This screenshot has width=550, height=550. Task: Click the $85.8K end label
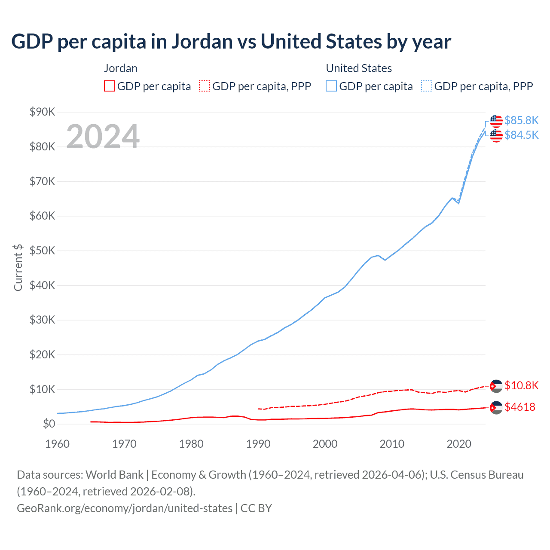[521, 120]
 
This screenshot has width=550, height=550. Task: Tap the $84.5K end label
[521, 135]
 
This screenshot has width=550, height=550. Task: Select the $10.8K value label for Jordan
[521, 385]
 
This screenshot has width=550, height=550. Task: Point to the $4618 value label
[520, 407]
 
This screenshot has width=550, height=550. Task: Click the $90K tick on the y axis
[42, 112]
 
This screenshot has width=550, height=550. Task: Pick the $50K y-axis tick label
[42, 251]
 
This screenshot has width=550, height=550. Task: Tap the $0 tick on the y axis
[49, 424]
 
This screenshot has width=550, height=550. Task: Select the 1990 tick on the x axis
[258, 444]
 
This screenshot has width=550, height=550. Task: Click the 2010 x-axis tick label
[392, 444]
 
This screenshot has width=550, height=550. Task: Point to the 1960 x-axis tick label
[57, 444]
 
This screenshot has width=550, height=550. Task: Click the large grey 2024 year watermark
[103, 137]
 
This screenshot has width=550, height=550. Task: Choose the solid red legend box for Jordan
[110, 86]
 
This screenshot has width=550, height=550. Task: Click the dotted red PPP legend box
[205, 86]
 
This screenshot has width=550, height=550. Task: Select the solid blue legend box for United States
[331, 86]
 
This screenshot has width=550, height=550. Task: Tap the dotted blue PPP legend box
[427, 86]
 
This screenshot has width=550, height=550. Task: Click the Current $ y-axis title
[18, 268]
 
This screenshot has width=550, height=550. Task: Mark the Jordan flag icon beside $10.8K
[496, 386]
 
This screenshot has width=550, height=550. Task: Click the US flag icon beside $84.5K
[496, 135]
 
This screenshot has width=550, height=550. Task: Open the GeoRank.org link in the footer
[125, 508]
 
